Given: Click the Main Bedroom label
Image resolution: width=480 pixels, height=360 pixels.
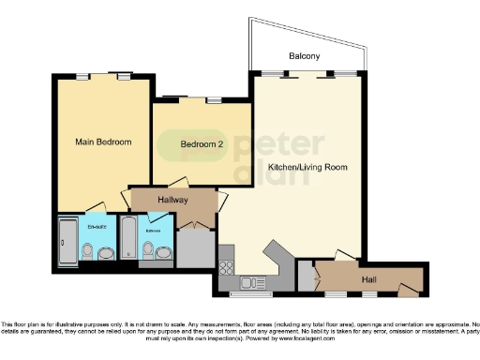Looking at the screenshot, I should pos(103,142).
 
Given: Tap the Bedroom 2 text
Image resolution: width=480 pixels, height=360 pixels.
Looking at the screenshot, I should pos(202,143).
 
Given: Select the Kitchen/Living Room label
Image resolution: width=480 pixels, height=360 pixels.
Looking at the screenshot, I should pos(307,168).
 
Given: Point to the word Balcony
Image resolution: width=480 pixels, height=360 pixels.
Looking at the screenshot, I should pos(304,57).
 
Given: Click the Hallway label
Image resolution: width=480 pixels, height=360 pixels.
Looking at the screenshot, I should pos(172,201).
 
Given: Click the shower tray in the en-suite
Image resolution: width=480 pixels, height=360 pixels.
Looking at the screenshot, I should pos(68,243).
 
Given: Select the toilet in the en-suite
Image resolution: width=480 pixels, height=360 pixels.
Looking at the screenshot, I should pos(88,251).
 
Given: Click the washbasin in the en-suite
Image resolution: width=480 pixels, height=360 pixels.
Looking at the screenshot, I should pos(107,252).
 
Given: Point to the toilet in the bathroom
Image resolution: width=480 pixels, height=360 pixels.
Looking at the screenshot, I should pos(148,249).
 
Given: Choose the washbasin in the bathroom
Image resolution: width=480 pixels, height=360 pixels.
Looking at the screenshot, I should pos(165,252).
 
